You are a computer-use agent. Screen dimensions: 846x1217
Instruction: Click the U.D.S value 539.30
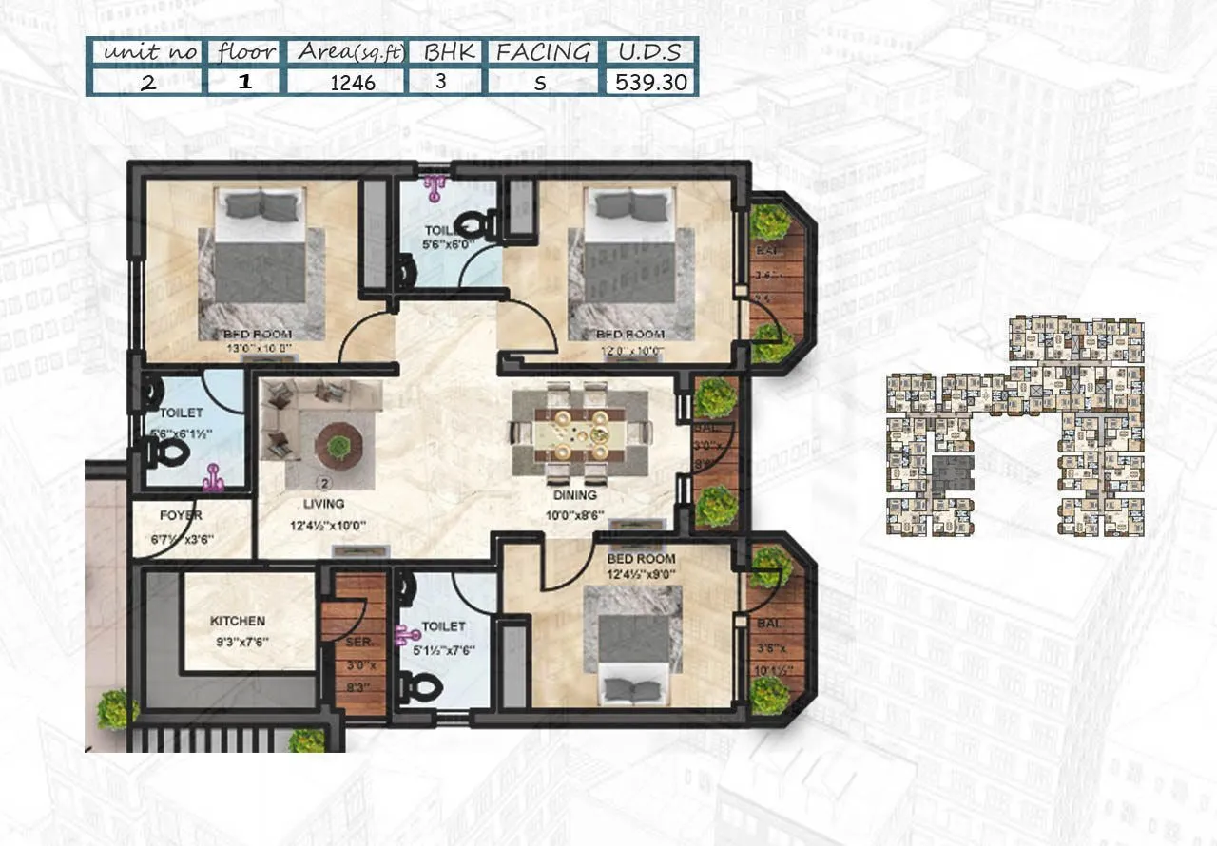tap(650, 82)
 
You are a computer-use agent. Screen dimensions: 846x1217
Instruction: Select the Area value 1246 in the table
tap(353, 83)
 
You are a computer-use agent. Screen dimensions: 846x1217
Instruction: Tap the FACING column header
tap(543, 52)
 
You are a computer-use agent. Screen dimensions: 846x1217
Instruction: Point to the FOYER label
tap(181, 516)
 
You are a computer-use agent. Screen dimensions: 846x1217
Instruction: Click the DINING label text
tap(575, 495)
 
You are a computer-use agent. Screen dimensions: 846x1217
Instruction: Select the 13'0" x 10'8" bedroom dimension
tap(250, 349)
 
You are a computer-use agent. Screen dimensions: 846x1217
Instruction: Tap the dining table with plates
tap(579, 433)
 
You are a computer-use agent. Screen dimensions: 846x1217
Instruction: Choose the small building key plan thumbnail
tap(1014, 427)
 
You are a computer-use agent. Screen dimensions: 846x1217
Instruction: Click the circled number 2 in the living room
tap(323, 482)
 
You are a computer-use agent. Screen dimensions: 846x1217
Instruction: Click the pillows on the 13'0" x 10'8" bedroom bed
tap(261, 204)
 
